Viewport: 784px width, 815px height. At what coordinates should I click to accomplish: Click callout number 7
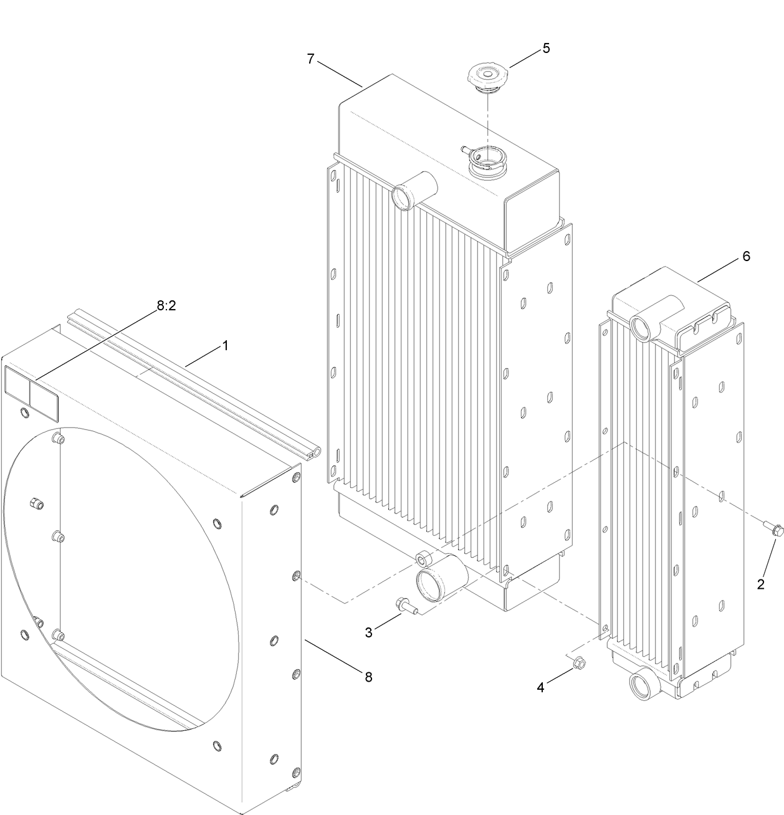click(311, 59)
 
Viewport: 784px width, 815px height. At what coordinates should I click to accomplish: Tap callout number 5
click(546, 48)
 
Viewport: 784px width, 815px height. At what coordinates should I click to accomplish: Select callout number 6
click(746, 256)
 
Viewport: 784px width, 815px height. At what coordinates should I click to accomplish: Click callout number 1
click(225, 345)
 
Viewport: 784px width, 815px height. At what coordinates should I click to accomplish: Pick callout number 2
click(760, 584)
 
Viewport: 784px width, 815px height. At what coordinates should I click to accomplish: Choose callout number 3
click(368, 632)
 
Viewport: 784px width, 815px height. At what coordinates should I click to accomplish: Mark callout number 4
click(540, 687)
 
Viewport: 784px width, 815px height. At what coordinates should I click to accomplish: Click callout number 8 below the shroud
click(368, 677)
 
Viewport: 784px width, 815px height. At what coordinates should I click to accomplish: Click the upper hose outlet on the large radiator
click(403, 196)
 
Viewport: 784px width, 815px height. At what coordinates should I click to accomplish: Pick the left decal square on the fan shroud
click(16, 391)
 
